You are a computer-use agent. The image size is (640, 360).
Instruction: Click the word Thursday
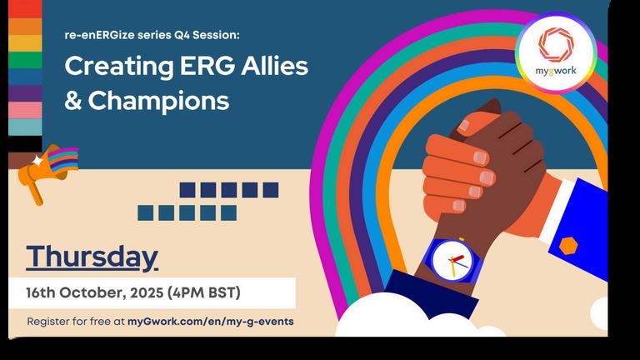point(92,257)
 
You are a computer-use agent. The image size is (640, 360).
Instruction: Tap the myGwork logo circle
point(556,52)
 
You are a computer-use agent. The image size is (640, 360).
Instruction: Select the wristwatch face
point(452,261)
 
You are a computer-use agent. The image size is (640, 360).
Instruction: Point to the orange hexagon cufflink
point(568,246)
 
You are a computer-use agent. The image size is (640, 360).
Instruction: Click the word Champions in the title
point(159,101)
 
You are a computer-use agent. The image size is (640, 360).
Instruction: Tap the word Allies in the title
point(274,66)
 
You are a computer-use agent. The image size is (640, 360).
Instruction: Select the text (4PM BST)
point(203,293)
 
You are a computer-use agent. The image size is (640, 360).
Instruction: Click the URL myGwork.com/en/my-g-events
point(211,322)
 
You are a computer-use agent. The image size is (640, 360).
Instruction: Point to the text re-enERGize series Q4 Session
point(152,35)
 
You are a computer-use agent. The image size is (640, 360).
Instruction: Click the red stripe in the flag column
point(25,9)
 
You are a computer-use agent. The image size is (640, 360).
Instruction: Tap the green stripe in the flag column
point(25,60)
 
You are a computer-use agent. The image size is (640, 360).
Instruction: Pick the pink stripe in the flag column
point(25,110)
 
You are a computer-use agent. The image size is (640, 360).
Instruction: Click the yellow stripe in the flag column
point(25,43)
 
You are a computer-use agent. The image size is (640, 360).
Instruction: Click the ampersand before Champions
point(73,101)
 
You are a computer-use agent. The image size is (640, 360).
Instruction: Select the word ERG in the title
point(207,66)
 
